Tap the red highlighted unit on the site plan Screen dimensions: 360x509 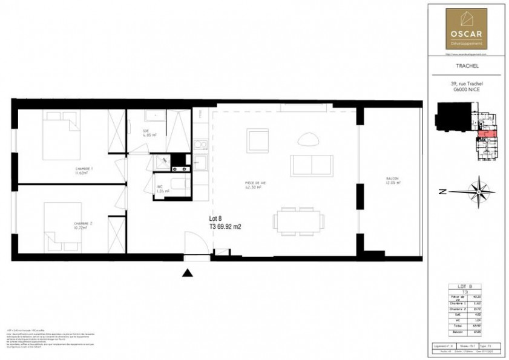pos(487,133)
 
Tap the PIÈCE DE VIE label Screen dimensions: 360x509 pos(254,185)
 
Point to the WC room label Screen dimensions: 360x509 pos(159,188)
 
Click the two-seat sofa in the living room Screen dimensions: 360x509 pos(311,165)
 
